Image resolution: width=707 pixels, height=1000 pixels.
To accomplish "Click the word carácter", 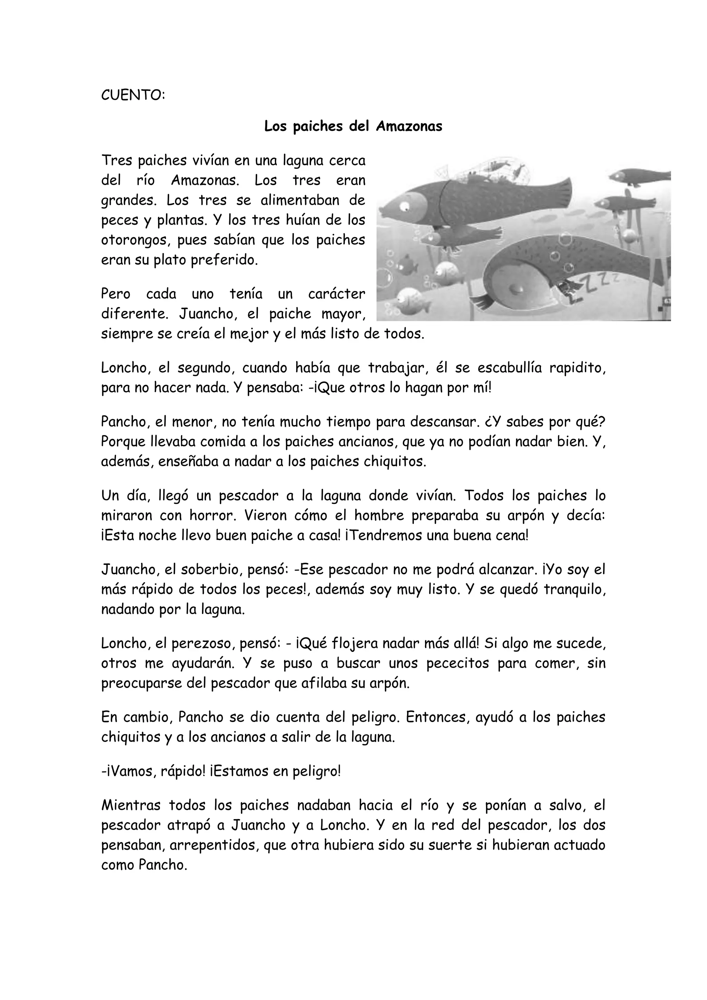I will [337, 294].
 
